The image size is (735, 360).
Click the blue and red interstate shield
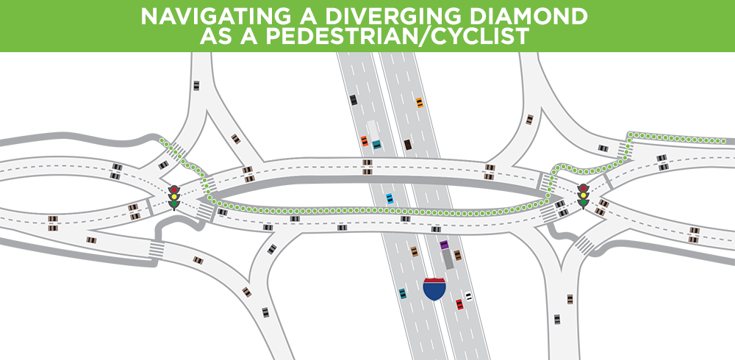[434, 289]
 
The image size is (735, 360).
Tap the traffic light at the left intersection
[174, 198]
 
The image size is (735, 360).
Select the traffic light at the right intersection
[584, 196]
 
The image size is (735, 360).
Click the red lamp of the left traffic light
[174, 190]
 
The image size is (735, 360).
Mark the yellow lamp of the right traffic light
[584, 196]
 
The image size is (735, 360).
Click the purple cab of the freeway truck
[444, 246]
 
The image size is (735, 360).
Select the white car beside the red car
[468, 297]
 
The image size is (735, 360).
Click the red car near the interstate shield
[459, 303]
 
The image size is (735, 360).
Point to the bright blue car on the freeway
[390, 198]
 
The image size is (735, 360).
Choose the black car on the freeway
[354, 100]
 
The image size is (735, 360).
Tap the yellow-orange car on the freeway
[419, 102]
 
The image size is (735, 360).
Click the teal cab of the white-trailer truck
[376, 144]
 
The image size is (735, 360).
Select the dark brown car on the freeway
[407, 145]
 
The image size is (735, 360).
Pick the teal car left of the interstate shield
[403, 294]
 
